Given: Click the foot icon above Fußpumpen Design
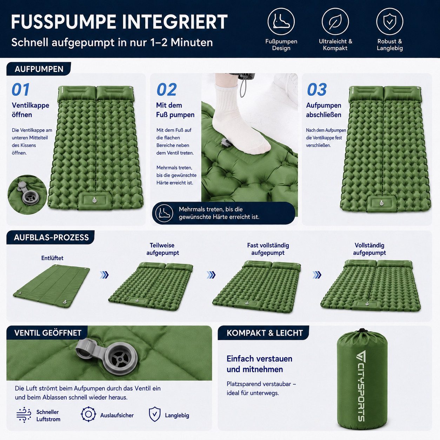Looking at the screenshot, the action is pos(281,22).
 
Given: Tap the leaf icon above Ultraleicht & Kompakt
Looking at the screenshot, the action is pos(335,22).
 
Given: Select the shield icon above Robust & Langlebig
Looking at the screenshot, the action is pos(389,22).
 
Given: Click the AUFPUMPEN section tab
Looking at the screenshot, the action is pos(39,69).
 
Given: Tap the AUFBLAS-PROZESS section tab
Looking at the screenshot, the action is pos(51,238).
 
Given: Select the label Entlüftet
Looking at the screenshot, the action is pos(52,258).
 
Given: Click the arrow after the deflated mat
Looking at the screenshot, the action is pos(104,275).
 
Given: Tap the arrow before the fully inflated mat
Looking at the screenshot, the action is pos(317,275).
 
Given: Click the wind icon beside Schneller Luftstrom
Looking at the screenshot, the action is pos(24,414).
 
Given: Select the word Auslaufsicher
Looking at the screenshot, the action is pos(117,415).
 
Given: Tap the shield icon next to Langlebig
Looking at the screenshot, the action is pos(155,414).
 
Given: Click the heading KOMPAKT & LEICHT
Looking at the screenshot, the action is pos(265,333).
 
